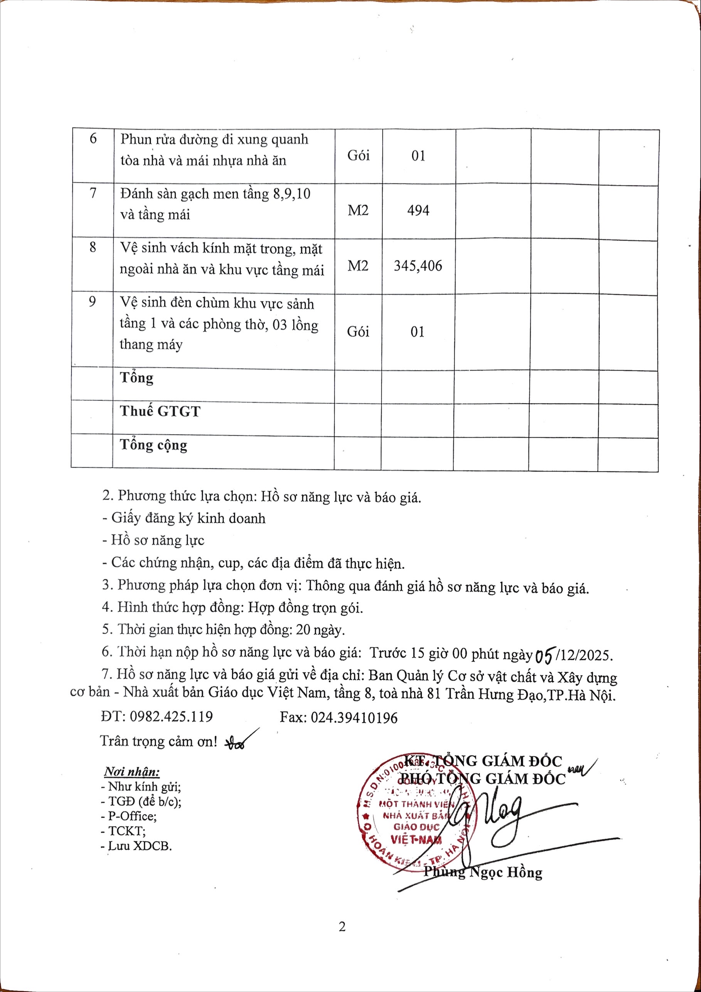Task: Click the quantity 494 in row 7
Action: coord(418,211)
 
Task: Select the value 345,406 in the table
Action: coord(418,265)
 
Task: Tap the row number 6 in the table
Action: coord(93,139)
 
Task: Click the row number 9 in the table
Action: coord(92,301)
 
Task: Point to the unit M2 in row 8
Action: coord(358,265)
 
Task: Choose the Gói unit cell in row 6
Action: coord(358,155)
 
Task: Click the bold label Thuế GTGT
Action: coord(160,411)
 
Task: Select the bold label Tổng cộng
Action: coord(153,445)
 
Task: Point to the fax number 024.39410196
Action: coord(354,717)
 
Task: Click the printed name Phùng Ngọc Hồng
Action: coord(482,872)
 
